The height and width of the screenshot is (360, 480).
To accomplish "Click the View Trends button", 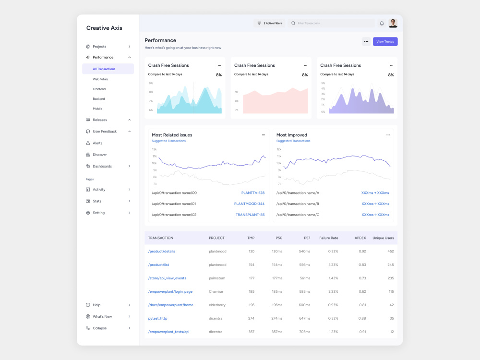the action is pos(385,42).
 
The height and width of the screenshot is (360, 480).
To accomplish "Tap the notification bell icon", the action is pos(382,23).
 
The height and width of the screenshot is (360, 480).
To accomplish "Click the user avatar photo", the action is pos(393,23).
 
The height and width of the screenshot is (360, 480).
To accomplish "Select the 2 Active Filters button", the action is pos(269,23).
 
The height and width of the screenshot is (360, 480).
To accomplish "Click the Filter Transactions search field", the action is pos(331,23).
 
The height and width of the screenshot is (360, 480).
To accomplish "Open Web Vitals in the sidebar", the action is pos(100,79).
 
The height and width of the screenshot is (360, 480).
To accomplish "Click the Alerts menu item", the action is pos(97,143).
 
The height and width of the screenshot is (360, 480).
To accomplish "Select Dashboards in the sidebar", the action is pos(102,166).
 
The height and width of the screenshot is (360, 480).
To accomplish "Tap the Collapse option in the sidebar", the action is pos(100,328).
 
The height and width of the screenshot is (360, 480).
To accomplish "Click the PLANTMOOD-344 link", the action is pos(249,204).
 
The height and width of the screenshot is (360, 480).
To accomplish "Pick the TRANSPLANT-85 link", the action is pos(250,215).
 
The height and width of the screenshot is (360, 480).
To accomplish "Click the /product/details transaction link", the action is pos(161,251).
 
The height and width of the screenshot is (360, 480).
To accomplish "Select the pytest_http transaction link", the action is pos(157,318).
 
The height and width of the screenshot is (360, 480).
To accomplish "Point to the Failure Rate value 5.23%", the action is pos(333,264).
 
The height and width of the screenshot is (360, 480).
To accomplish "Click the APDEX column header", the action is pos(360,238).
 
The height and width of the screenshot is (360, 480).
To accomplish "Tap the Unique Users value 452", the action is pos(391,251).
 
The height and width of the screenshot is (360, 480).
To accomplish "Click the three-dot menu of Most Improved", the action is pos(388,135).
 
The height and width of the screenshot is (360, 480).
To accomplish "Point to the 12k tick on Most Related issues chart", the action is pos(155,149).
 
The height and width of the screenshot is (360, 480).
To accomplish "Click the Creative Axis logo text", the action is pos(104,28).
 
